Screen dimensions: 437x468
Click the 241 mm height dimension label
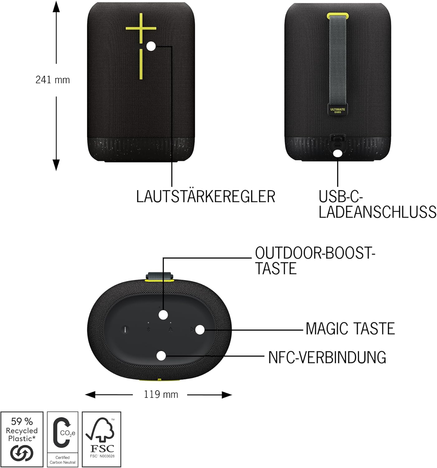[x=52, y=80]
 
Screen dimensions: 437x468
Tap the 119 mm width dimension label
[x=161, y=394]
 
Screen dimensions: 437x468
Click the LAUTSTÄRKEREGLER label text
[x=206, y=197]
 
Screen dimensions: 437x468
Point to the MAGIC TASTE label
[x=350, y=329]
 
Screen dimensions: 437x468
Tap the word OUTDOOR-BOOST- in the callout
[x=315, y=253]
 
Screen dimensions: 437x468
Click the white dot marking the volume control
[x=151, y=46]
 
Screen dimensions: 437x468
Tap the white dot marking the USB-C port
[x=338, y=154]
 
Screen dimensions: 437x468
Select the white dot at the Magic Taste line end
[x=200, y=330]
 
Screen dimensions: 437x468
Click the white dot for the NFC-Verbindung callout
[x=161, y=356]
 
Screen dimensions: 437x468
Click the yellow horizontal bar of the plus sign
[x=141, y=28]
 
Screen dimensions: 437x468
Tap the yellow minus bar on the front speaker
[x=141, y=64]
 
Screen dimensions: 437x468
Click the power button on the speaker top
[x=125, y=330]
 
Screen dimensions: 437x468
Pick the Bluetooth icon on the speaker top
[x=148, y=329]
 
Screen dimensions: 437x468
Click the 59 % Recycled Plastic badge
[x=22, y=439]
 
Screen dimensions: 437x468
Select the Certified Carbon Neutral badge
[x=63, y=439]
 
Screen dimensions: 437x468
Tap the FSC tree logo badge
[x=102, y=439]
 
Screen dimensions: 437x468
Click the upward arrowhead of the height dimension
[x=56, y=6]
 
